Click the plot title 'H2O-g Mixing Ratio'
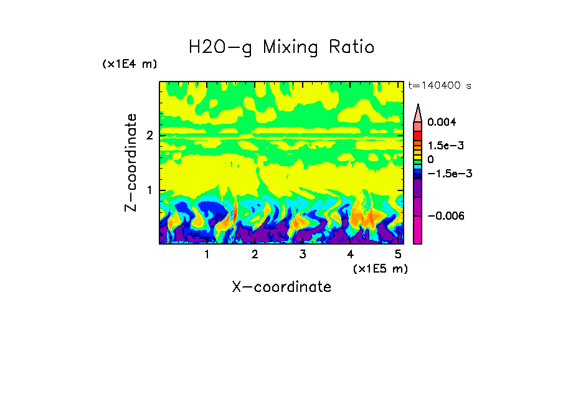pos(281,47)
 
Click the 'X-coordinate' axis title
pos(281,286)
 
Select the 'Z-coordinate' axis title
pos(131,162)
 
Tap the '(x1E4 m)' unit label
pos(130,64)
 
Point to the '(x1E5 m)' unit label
pos(380,268)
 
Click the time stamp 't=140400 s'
pos(439,86)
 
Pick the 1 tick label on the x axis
pos(207,254)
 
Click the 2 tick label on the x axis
pos(255,254)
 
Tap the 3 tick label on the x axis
pos(302,254)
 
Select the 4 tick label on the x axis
pos(350,254)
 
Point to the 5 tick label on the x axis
pos(397,254)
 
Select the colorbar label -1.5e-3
pos(449,174)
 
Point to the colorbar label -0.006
pos(445,215)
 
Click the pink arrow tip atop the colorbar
pos(418,112)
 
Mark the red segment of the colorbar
pos(418,136)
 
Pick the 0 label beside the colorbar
pos(430,159)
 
